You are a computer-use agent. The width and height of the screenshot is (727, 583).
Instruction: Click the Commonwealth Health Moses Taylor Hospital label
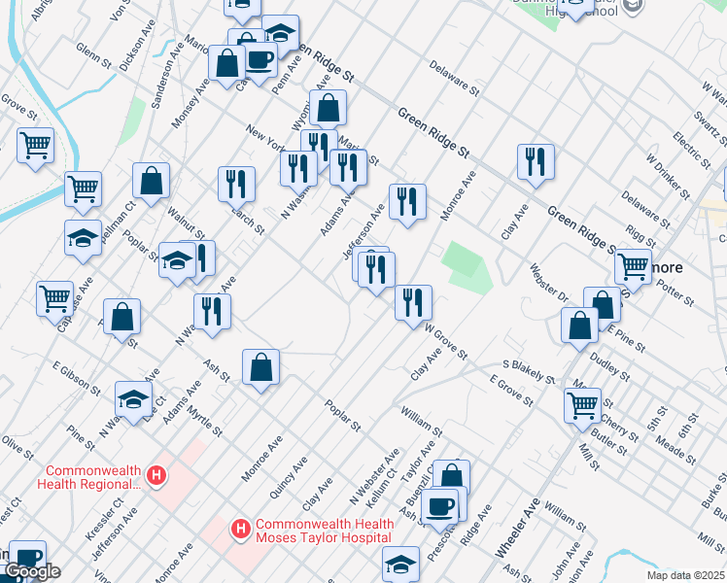[x=325, y=530]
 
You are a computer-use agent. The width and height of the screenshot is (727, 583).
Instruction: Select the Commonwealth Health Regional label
[x=88, y=476]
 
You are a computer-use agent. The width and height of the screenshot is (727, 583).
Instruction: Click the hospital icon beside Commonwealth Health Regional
[x=156, y=476]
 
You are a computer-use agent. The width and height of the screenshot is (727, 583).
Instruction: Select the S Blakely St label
[x=528, y=372]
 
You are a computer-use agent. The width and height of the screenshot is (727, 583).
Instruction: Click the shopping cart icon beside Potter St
[x=634, y=263]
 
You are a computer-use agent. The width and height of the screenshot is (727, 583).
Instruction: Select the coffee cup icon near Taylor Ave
[x=439, y=505]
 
